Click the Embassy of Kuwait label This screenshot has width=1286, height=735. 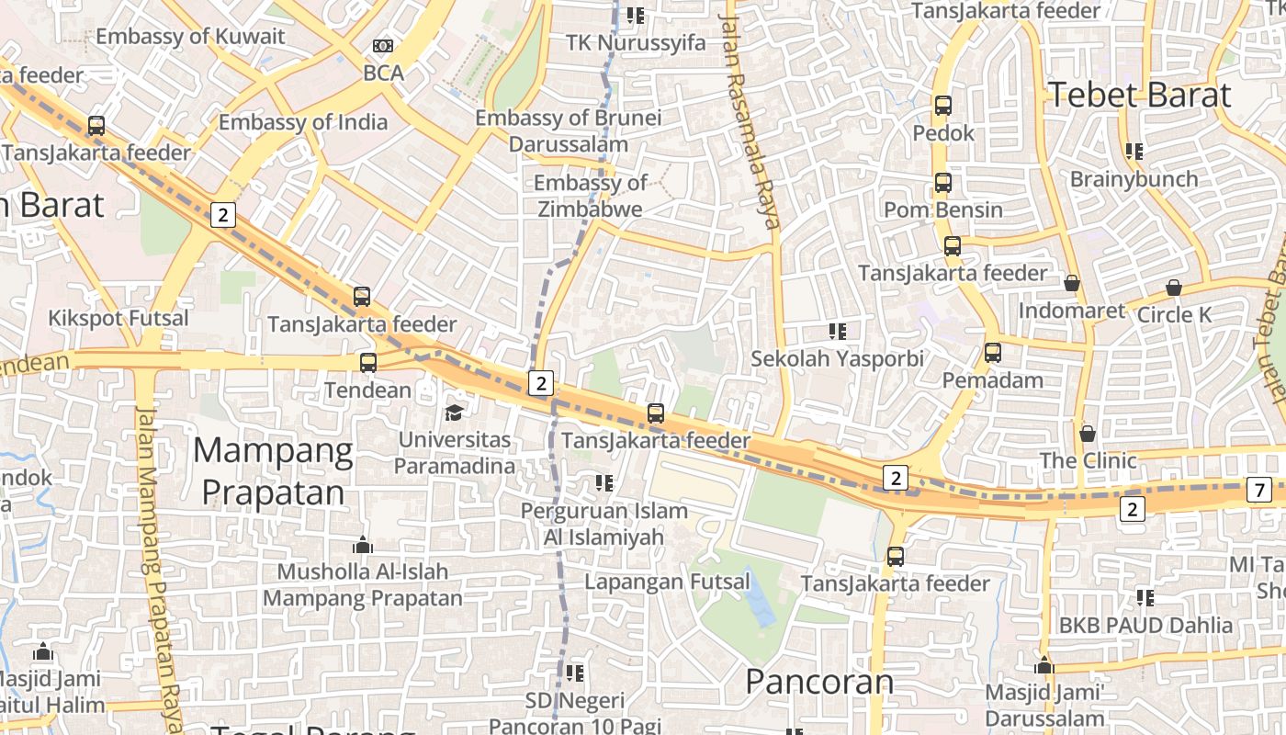(190, 37)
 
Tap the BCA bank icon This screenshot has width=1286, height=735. (383, 46)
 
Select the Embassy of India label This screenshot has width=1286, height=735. (303, 122)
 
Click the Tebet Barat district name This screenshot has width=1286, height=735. (1139, 95)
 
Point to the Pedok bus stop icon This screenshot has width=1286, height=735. (943, 106)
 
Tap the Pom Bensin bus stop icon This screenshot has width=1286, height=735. (943, 183)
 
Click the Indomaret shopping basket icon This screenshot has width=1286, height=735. (1071, 284)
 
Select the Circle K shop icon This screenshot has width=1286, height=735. (1173, 288)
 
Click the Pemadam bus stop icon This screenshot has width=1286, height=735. (992, 353)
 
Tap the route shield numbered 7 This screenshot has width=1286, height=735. (1259, 491)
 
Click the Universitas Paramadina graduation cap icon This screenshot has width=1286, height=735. (454, 413)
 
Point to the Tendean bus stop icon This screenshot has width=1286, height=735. (368, 363)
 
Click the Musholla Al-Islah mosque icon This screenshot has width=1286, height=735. (363, 546)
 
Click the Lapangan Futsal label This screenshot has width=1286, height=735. (667, 582)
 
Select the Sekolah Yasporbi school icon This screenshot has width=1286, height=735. (837, 331)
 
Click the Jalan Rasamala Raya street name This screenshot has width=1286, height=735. (750, 119)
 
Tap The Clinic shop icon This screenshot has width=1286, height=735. (1088, 433)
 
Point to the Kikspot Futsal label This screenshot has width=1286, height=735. (118, 319)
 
